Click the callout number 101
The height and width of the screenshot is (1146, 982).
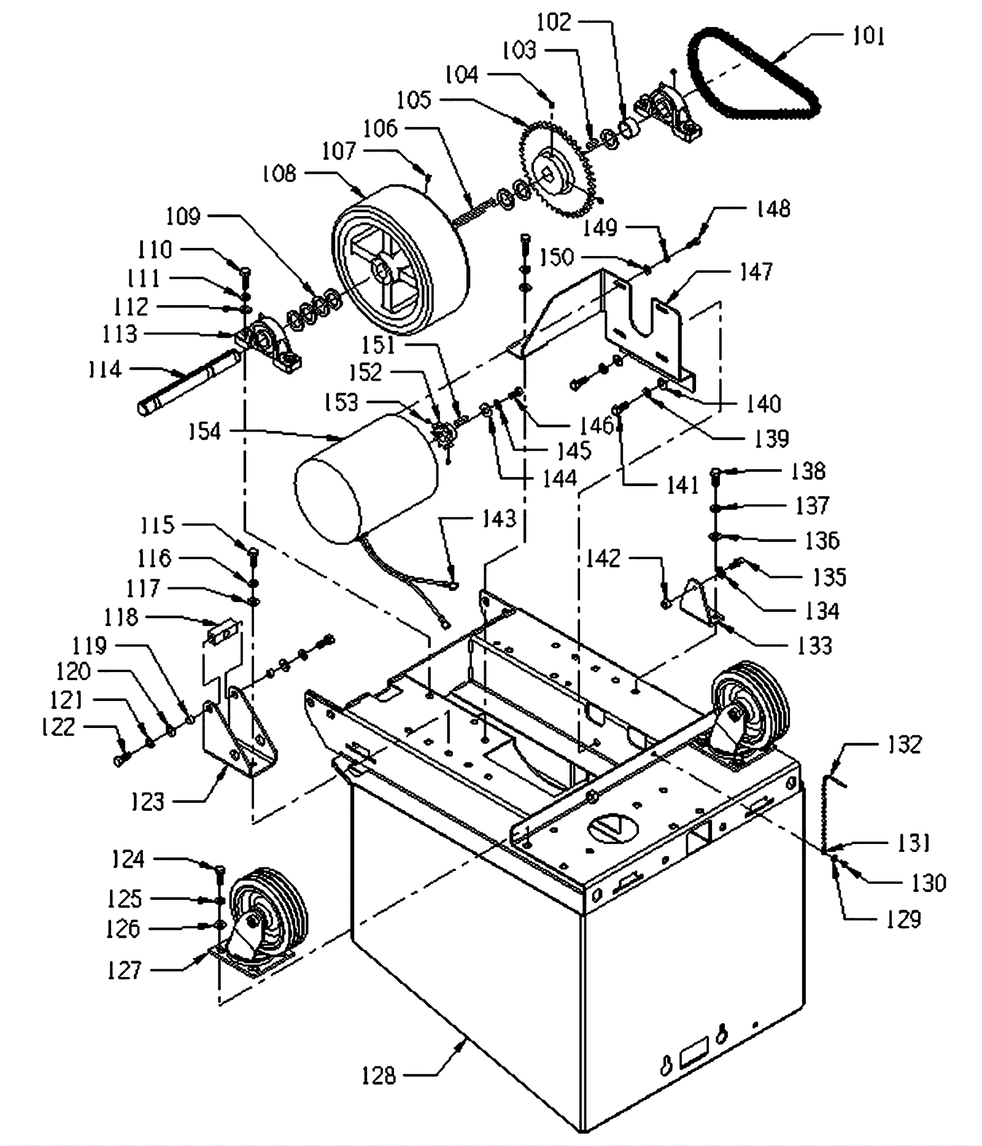coord(868,36)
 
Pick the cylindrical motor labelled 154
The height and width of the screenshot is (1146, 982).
coord(368,479)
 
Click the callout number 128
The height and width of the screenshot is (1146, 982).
coord(379,1075)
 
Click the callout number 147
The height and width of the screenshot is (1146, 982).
coord(757,271)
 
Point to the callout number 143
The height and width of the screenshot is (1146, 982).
coord(499,519)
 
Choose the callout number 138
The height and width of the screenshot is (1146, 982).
coord(808,471)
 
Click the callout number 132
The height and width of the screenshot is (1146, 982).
coord(905,744)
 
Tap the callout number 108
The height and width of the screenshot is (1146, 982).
coord(279,174)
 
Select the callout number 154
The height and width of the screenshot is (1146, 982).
coord(204,432)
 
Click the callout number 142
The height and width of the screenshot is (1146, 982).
coord(603,558)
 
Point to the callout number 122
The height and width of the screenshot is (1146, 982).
coord(58,727)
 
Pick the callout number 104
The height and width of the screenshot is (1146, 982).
coord(462,74)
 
